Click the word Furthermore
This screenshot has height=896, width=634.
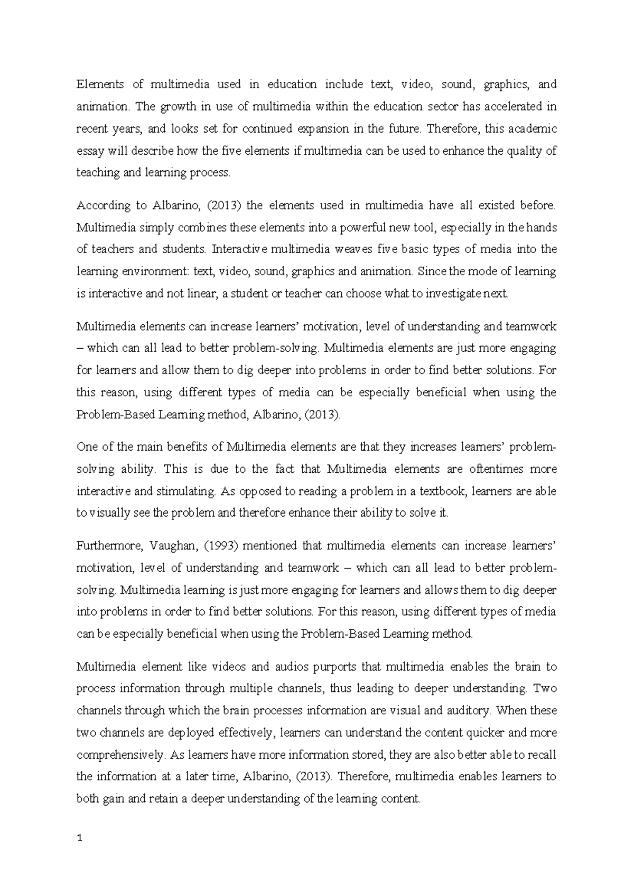click(x=106, y=546)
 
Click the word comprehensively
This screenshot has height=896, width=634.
click(x=119, y=755)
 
